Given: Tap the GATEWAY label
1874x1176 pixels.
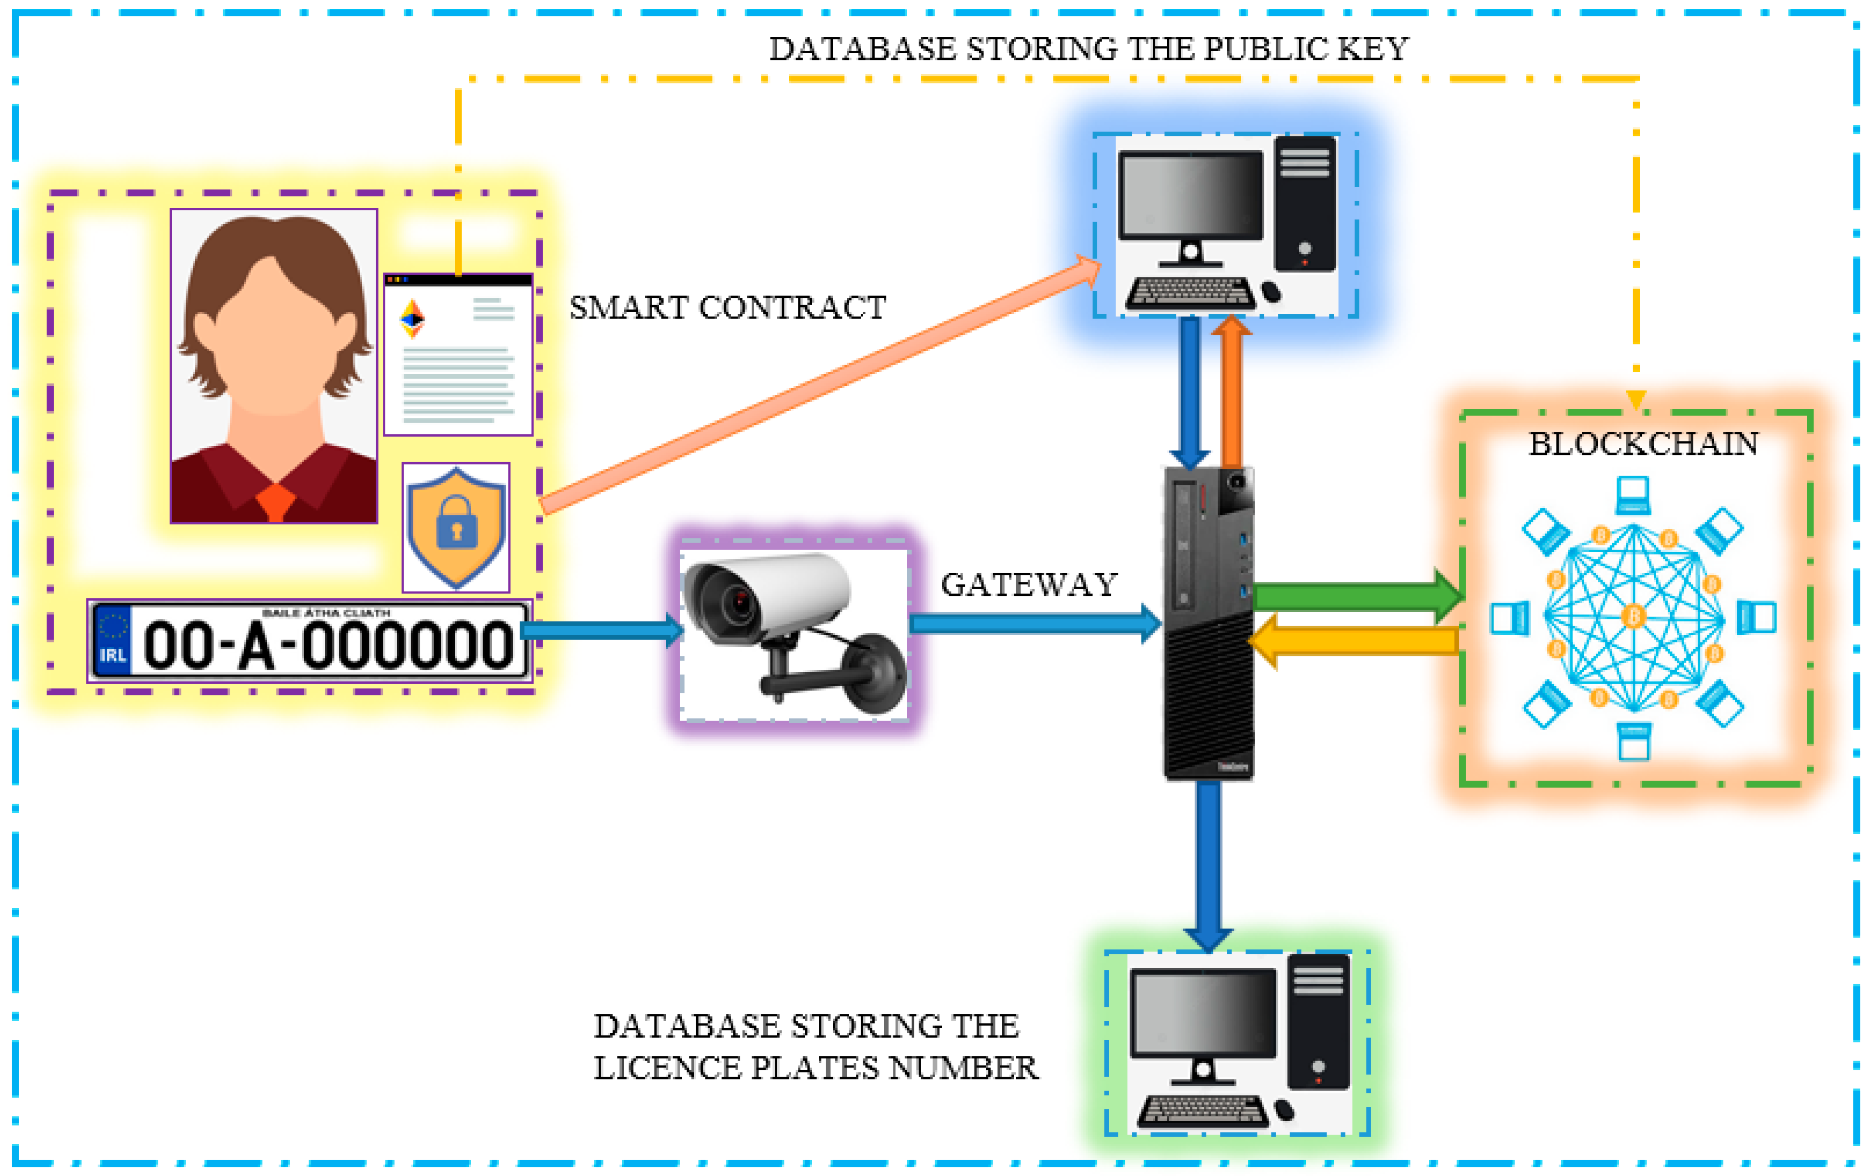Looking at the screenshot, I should click(x=1029, y=585).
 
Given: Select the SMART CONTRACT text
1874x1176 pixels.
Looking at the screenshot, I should click(x=727, y=308).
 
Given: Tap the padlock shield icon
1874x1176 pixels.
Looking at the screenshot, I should click(x=456, y=527).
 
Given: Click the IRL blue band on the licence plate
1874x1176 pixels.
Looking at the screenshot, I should click(x=112, y=640).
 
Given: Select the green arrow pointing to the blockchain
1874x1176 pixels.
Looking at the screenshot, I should click(x=1357, y=596).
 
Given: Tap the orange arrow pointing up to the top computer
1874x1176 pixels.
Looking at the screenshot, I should click(x=1231, y=393).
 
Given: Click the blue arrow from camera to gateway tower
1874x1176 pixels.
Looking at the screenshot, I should click(x=1034, y=624).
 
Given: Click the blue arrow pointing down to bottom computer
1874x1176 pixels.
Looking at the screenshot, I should click(x=1208, y=863).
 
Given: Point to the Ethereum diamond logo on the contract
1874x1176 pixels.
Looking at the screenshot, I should click(x=412, y=319).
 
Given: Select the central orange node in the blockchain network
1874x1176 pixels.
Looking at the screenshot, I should click(x=1633, y=616).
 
